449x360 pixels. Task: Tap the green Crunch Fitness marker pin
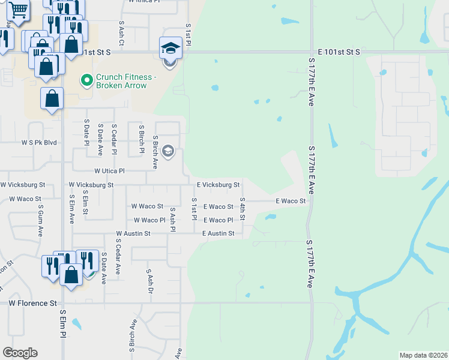point(87,79)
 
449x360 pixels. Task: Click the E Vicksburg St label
point(218,185)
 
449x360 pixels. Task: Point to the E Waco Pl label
point(217,220)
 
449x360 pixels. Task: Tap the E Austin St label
point(217,233)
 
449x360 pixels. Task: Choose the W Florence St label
point(32,304)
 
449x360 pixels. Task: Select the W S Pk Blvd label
point(39,143)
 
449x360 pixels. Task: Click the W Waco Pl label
point(149,220)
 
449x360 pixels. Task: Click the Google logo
point(20,353)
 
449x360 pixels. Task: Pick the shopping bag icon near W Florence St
point(71,275)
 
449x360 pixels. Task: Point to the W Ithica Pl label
point(144,2)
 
